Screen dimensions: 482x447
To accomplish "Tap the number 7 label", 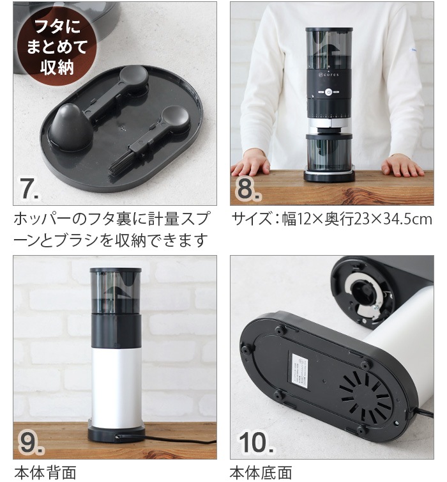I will pos(29,188).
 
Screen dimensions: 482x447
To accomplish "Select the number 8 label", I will pos(248,189).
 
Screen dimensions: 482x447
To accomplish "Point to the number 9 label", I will pos(29,442).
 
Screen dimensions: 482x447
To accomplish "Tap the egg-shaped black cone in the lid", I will pos(71,125).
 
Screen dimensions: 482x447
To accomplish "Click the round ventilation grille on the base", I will pos(365,397).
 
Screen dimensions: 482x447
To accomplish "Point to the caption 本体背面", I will pos(45,472).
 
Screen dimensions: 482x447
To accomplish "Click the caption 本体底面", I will pos(261,472).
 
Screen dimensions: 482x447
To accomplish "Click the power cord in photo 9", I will pos(179,440).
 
